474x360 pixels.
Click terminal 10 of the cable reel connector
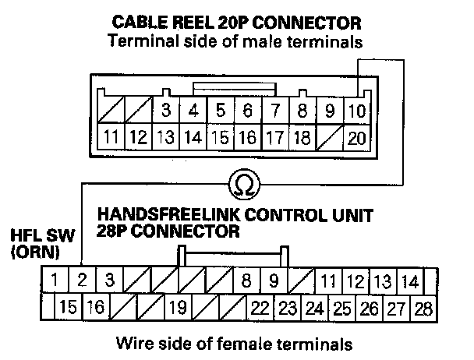click(357, 111)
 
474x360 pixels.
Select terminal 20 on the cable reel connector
click(357, 139)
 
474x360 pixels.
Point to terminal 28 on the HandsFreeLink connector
click(424, 308)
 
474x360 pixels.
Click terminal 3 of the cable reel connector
click(165, 111)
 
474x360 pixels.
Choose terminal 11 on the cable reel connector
click(111, 139)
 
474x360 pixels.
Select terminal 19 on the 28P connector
click(176, 308)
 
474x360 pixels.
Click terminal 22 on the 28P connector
click(260, 308)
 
